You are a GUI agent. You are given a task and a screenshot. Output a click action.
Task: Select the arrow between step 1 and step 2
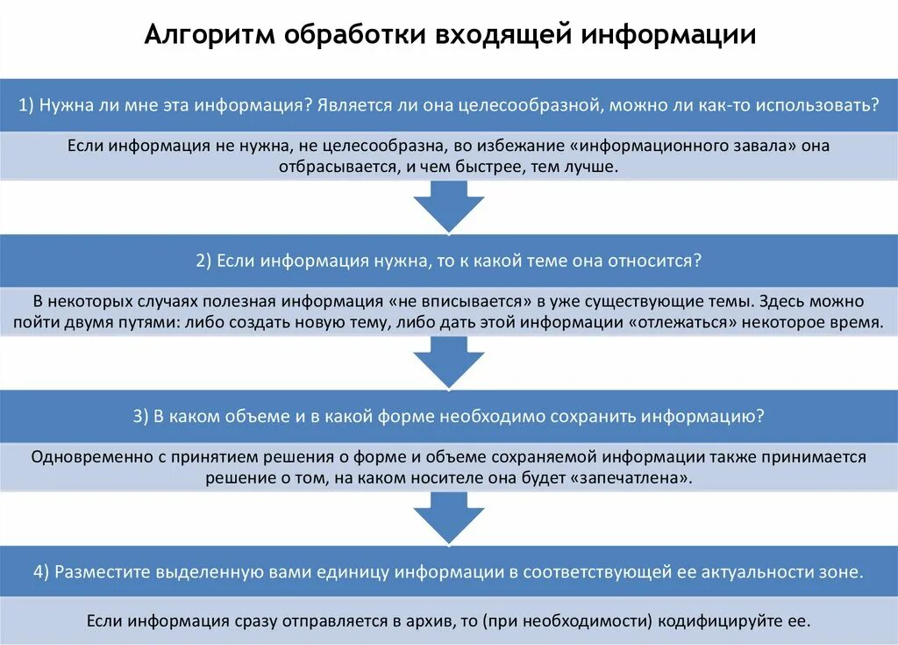coord(448,204)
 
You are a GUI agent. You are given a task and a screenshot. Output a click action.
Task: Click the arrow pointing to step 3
coord(448,361)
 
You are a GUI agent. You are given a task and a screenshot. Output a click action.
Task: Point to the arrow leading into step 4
coord(448,516)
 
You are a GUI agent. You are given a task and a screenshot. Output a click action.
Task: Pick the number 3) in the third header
coord(141,417)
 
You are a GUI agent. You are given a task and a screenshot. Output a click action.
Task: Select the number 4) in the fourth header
coord(41,571)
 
